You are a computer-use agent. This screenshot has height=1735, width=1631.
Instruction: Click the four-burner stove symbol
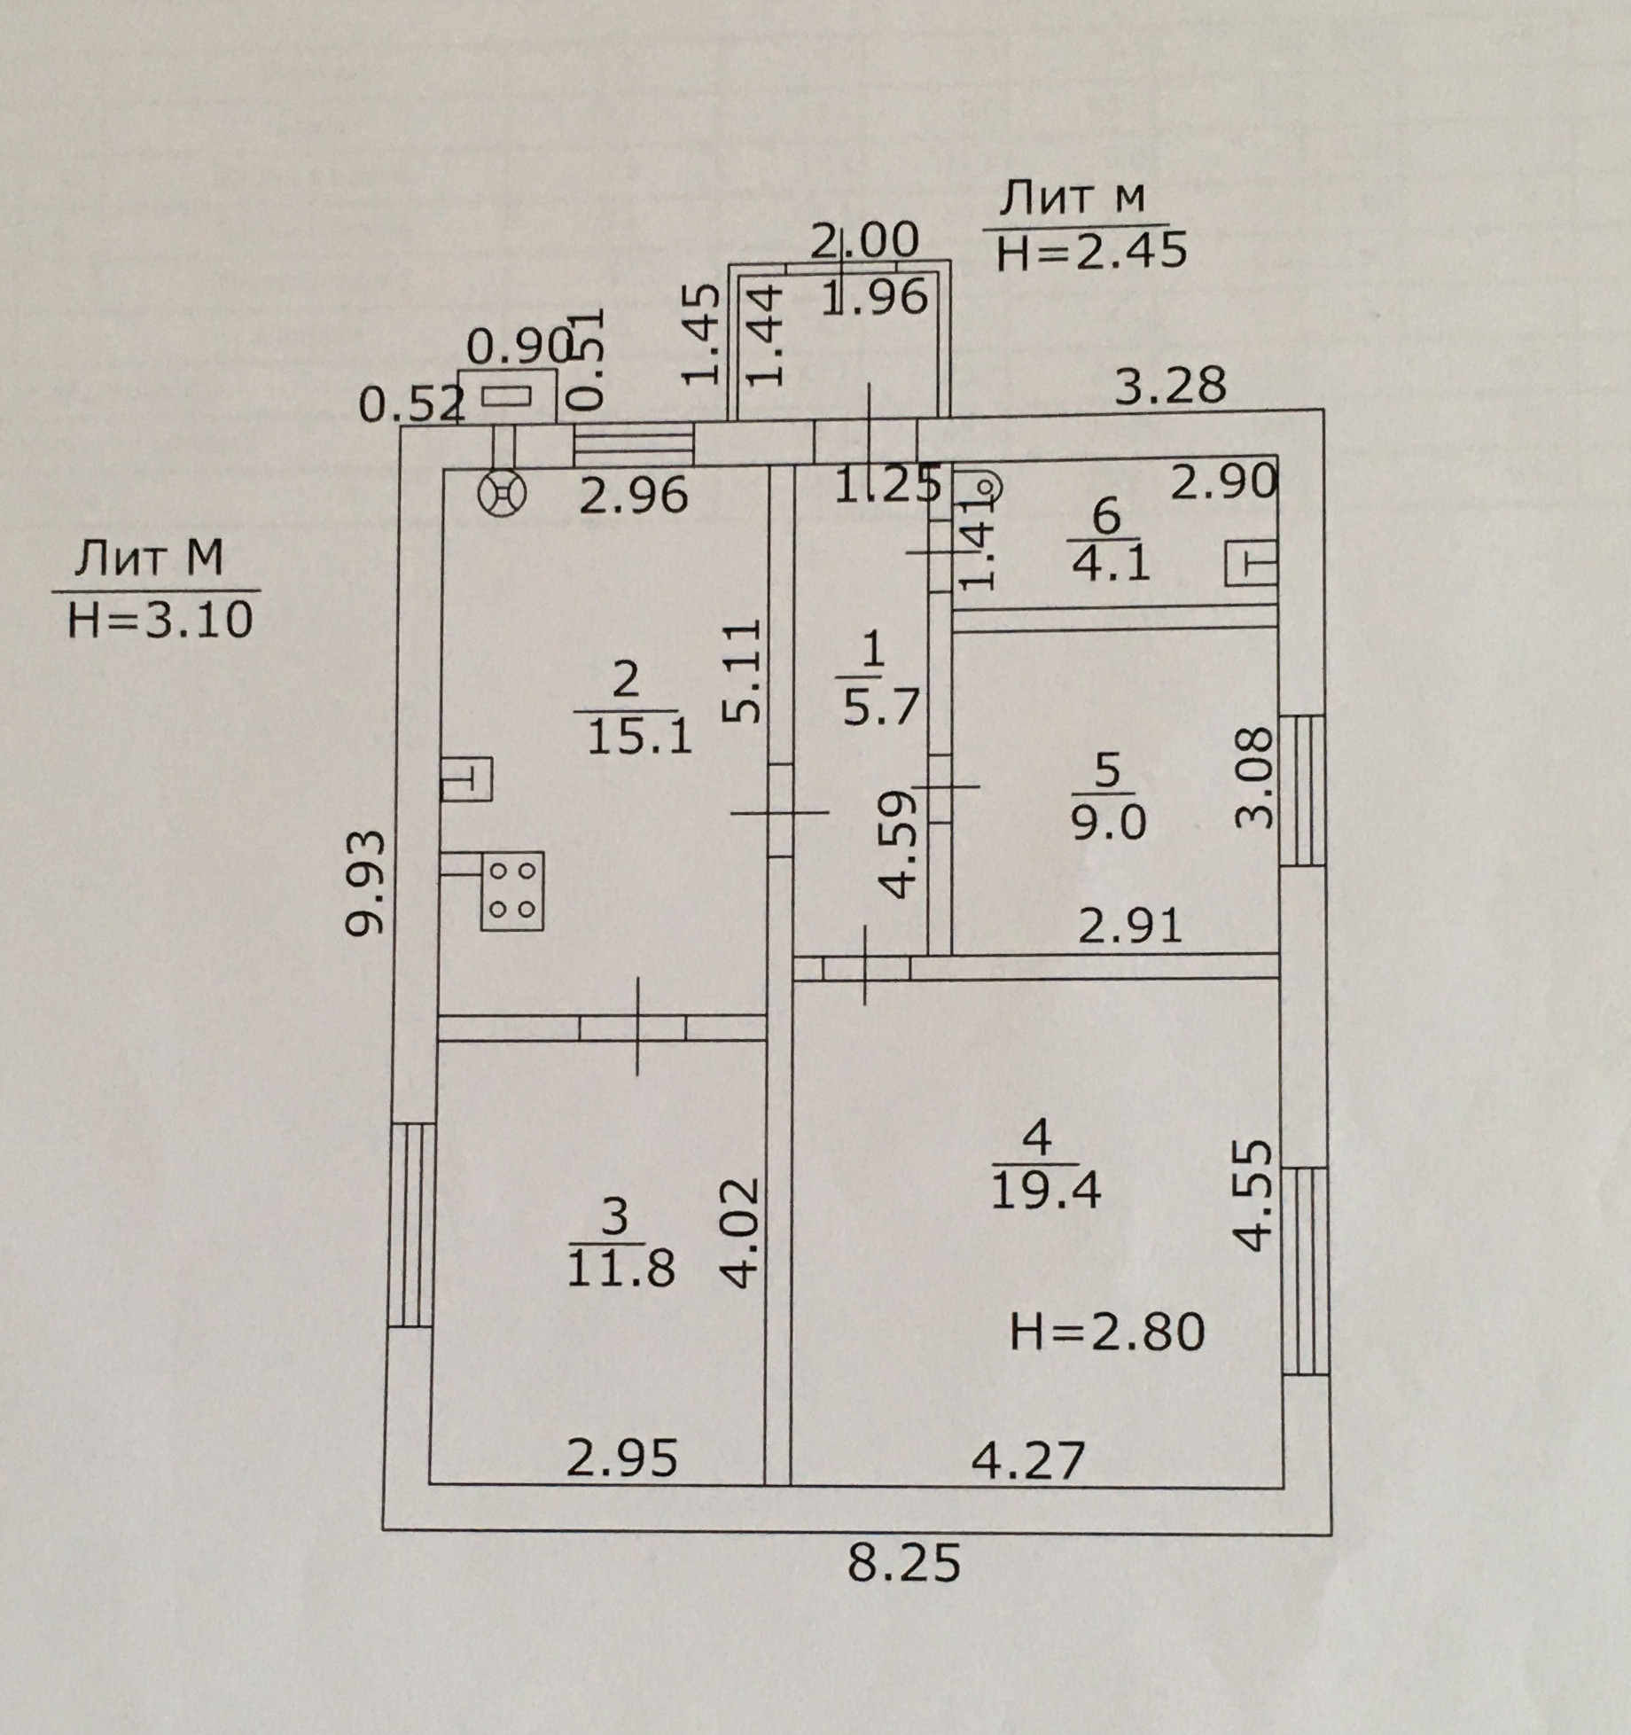(512, 891)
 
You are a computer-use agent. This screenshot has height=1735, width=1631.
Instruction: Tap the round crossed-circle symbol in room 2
(502, 494)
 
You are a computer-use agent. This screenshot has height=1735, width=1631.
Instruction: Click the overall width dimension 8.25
(903, 1563)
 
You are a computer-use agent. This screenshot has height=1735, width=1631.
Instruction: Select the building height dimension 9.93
(366, 883)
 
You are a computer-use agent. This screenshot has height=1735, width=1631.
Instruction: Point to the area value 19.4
(1045, 1191)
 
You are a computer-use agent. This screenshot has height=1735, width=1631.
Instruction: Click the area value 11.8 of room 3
(620, 1269)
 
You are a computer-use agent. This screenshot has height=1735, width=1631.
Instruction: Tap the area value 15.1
(639, 736)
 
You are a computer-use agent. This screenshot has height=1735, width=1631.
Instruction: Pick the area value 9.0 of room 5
(1108, 823)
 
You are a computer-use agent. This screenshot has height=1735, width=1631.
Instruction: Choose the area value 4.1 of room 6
(1111, 562)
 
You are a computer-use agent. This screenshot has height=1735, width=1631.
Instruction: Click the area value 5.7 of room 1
(880, 707)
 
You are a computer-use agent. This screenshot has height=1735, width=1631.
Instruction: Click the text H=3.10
(160, 619)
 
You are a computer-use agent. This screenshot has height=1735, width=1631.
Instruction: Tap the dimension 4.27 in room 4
(1028, 1460)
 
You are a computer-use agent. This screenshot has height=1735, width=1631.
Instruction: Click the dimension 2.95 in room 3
(621, 1458)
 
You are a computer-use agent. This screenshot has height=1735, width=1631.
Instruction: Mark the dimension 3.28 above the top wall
(1169, 385)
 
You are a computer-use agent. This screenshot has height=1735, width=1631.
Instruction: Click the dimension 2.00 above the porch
(865, 241)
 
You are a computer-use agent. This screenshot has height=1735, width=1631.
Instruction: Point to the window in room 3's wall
(412, 1225)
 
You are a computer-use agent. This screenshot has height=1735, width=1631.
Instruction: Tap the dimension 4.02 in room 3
(741, 1231)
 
